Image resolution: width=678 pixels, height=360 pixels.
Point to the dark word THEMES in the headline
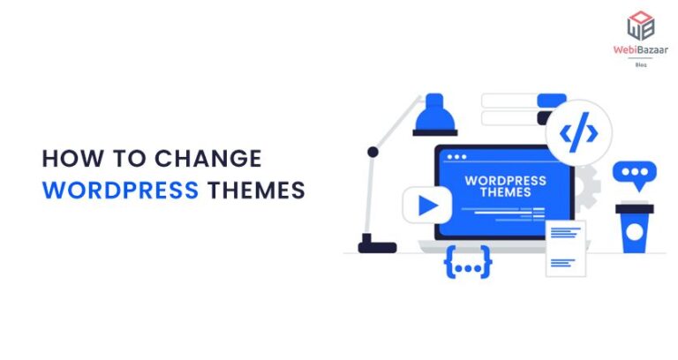[256, 190]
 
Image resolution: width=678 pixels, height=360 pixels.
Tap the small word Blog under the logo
[640, 64]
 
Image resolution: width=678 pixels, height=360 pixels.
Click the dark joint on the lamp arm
[373, 152]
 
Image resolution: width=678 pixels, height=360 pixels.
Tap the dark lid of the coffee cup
[633, 207]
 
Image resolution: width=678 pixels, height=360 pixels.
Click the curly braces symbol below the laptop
[467, 264]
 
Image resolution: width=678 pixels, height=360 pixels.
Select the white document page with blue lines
[565, 247]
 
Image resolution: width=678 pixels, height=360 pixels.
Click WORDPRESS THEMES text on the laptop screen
[504, 186]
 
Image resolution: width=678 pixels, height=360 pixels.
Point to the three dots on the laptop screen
[456, 157]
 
